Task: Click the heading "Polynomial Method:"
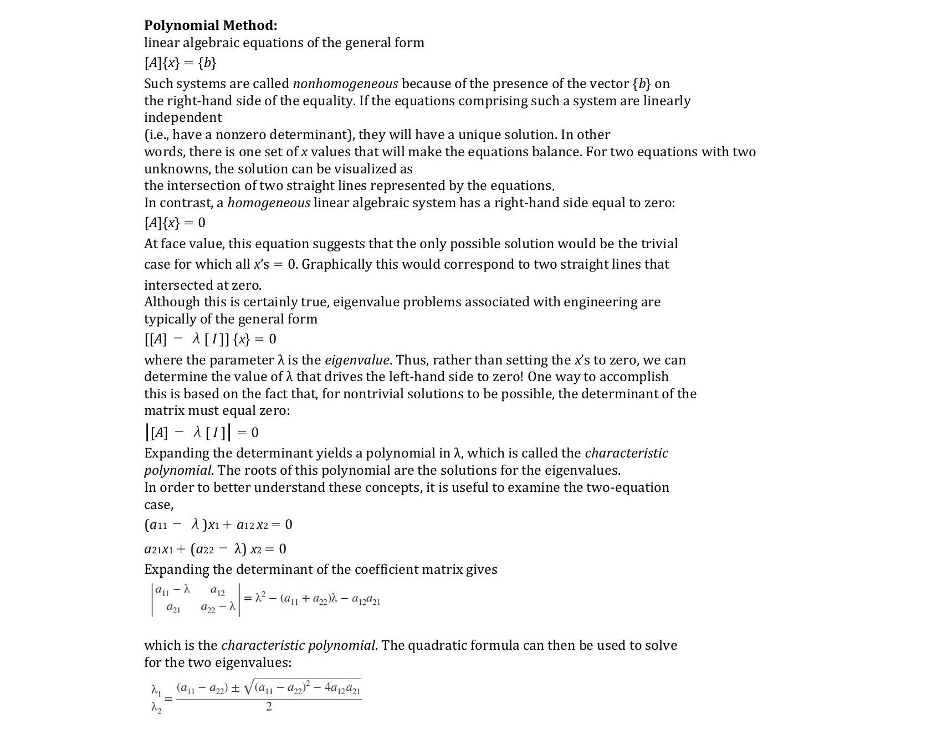tap(211, 25)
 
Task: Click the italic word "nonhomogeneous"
tap(345, 84)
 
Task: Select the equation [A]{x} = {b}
tap(180, 63)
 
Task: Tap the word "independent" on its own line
tap(183, 117)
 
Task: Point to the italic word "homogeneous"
tap(269, 203)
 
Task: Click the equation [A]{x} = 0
tap(175, 223)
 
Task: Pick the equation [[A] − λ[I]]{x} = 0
tap(210, 339)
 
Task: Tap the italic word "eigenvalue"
tap(357, 360)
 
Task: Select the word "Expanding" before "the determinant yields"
tap(178, 453)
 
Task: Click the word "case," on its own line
tap(158, 505)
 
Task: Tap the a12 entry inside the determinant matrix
tap(218, 592)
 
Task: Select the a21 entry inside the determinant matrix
tap(173, 608)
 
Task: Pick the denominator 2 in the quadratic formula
tap(269, 707)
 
